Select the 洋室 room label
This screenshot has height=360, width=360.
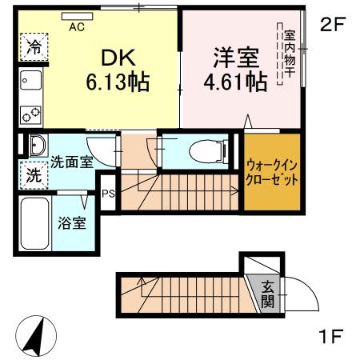pos(234,58)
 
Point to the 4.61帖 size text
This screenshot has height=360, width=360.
pos(234,81)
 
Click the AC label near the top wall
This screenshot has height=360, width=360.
pos(77,26)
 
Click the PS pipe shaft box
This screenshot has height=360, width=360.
pos(108,191)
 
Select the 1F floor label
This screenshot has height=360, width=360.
pos(331,336)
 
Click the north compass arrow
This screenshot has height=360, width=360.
pos(33,336)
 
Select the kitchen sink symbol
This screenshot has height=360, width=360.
pos(32,80)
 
